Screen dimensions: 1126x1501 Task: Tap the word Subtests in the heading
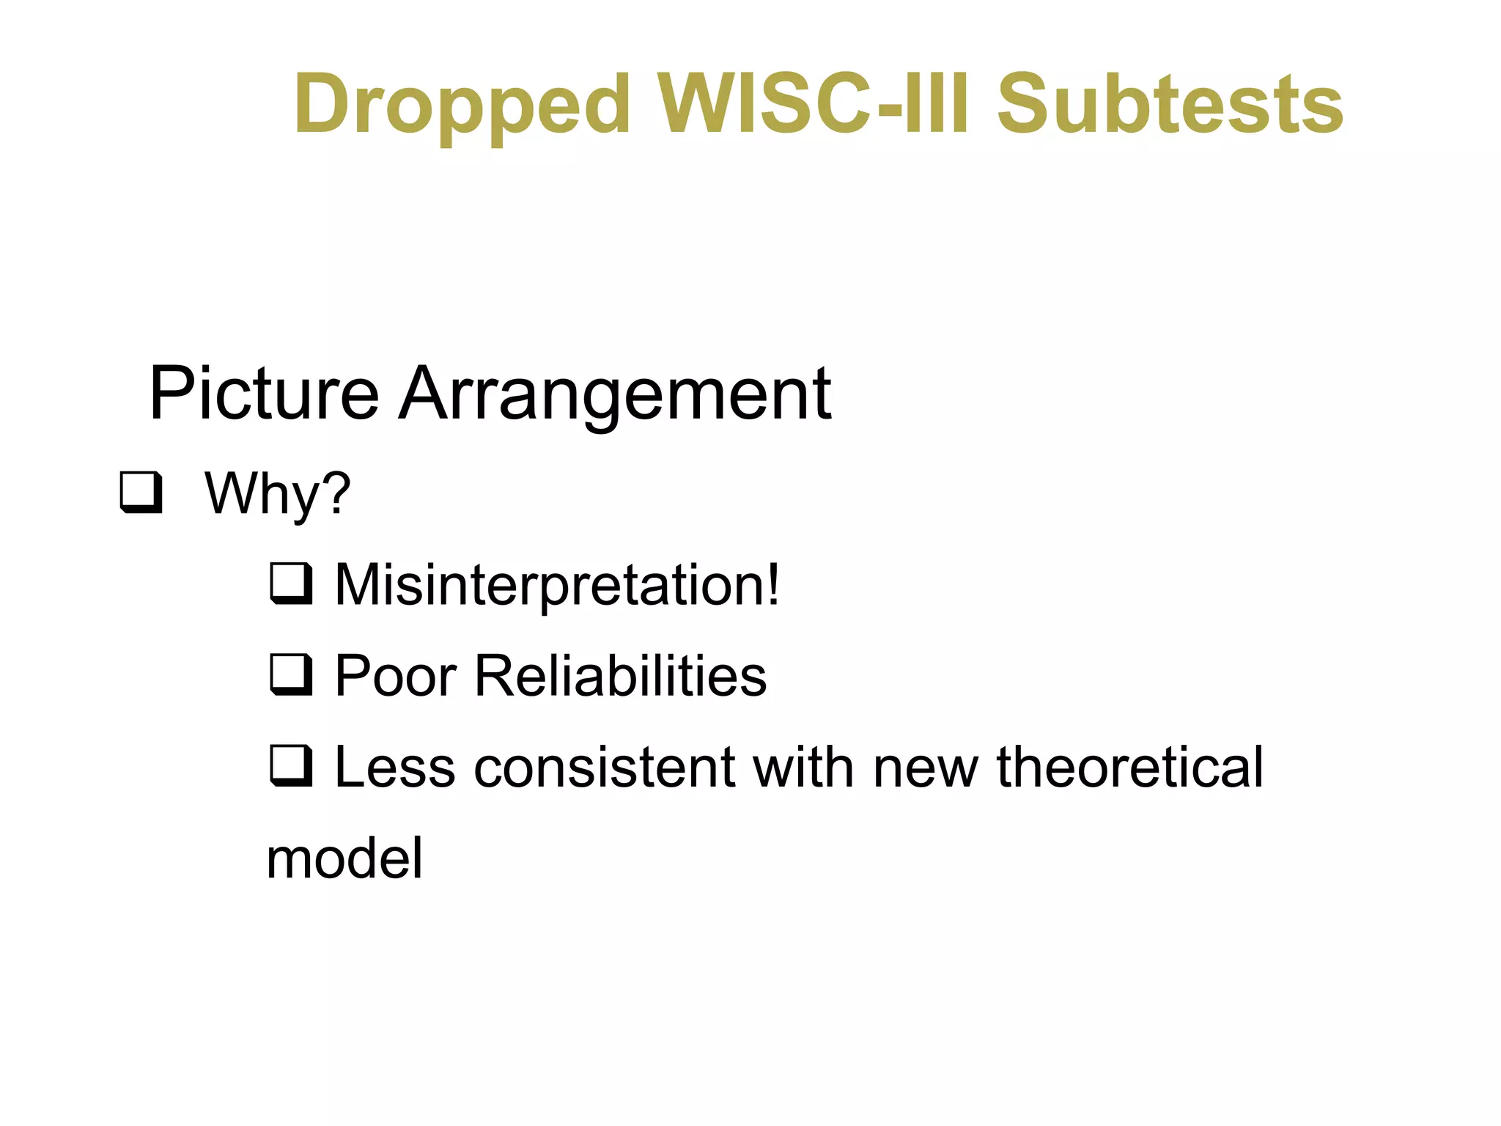1170,104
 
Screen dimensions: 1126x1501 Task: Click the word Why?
277,494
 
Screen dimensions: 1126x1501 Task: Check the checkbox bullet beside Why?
141,493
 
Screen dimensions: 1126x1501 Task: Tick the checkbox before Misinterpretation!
291,584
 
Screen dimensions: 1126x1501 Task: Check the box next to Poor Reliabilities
291,674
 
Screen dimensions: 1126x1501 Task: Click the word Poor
396,675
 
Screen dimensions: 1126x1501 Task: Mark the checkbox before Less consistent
291,765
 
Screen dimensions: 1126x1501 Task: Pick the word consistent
604,768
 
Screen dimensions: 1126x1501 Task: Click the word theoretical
1129,768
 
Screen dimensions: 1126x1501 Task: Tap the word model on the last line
344,858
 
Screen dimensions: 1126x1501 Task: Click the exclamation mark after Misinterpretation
772,585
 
